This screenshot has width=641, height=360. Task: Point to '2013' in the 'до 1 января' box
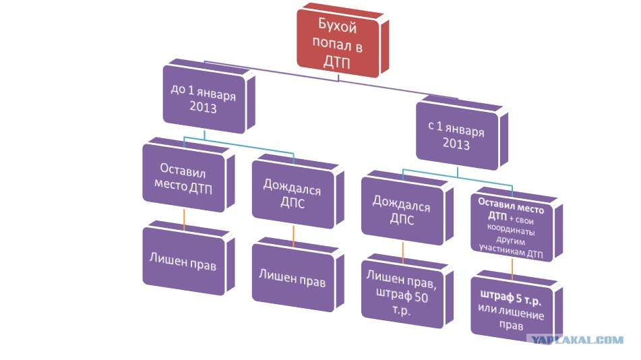click(x=203, y=108)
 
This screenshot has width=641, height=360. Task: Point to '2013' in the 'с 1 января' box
click(x=456, y=143)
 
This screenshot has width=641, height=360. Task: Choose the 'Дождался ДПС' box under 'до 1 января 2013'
click(x=293, y=197)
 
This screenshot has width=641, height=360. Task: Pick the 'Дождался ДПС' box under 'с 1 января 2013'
click(x=402, y=210)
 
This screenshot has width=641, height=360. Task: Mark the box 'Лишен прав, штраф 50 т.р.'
click(x=402, y=289)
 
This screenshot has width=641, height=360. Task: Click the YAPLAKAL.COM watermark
click(x=578, y=340)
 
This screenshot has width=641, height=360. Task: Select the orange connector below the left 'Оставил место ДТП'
click(x=184, y=219)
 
